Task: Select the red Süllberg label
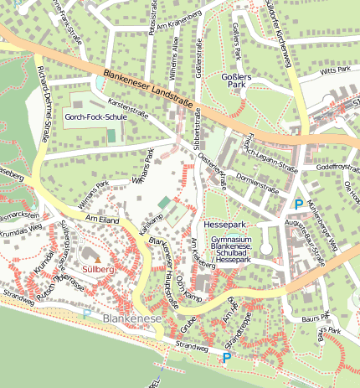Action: [98, 270]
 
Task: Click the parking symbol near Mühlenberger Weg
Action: [299, 204]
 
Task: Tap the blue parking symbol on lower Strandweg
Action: [225, 358]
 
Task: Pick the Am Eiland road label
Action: [104, 220]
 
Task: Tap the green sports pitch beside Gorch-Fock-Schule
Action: [111, 136]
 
